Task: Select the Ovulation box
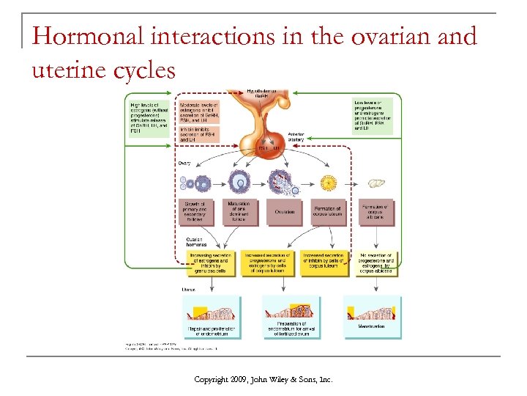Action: point(285,212)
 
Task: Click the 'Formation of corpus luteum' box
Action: point(327,212)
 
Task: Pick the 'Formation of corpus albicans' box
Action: point(377,212)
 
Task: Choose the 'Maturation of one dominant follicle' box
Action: point(240,212)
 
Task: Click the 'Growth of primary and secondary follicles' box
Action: point(196,212)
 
